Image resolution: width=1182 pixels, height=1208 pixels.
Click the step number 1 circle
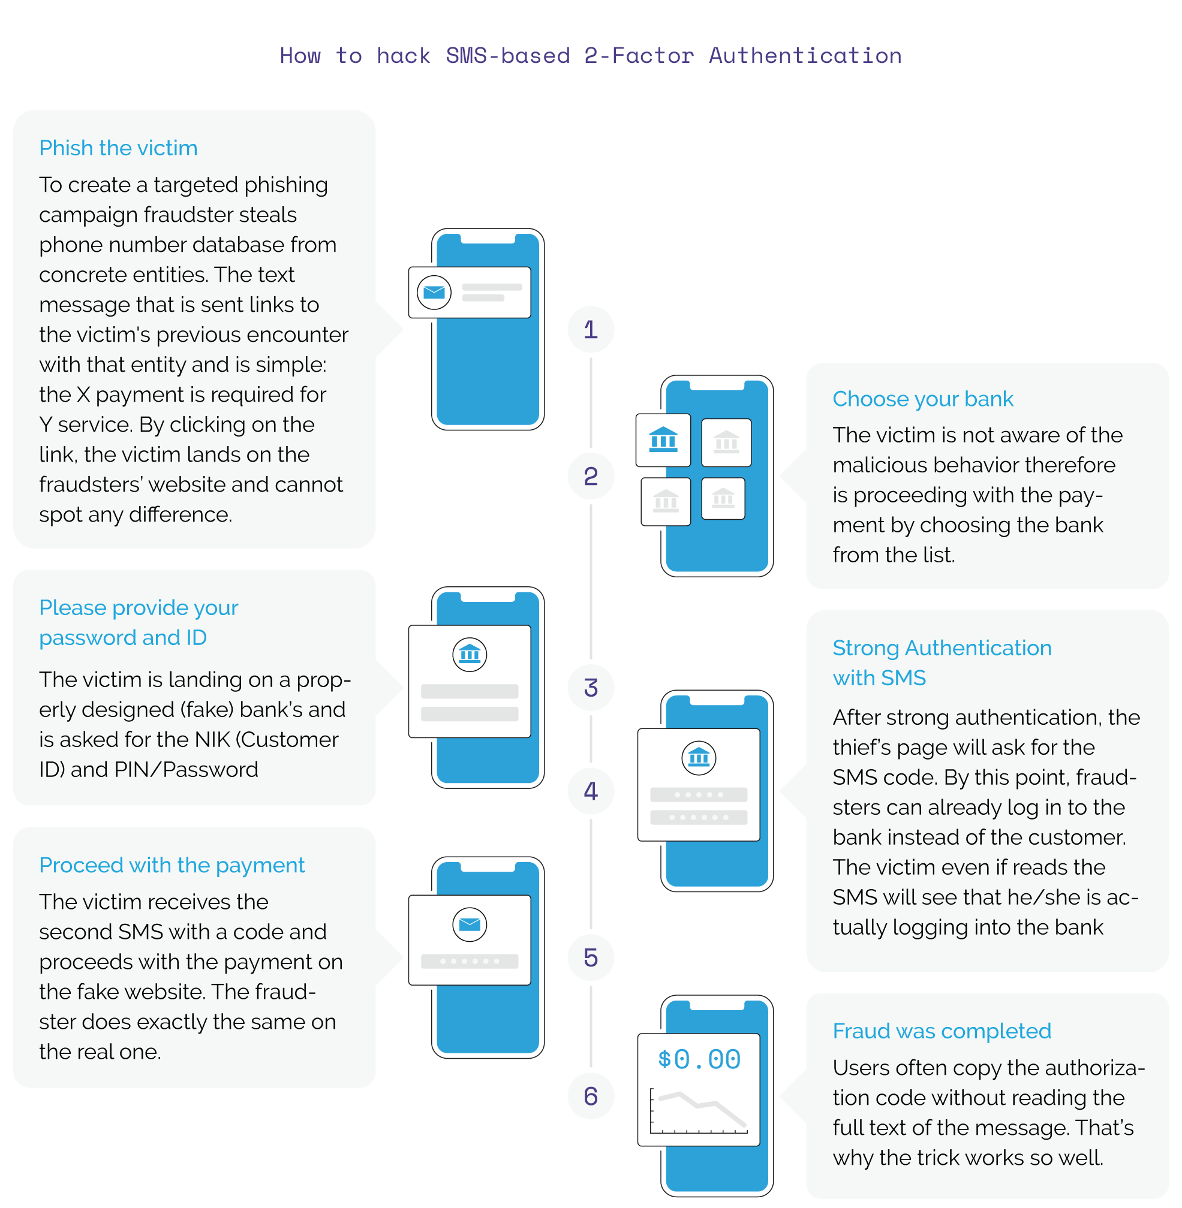coord(590,330)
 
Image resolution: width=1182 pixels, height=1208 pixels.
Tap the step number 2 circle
coord(590,476)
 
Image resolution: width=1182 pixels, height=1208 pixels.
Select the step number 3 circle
coord(590,688)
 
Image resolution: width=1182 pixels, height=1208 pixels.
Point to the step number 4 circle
coord(590,790)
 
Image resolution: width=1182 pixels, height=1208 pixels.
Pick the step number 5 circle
coord(590,957)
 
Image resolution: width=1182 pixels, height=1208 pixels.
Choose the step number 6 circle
coord(590,1096)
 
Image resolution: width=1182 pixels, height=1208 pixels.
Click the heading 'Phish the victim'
coord(118,148)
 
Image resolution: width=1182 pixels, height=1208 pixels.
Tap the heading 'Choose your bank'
coord(922,399)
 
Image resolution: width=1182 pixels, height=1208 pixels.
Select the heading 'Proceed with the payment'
coord(172,865)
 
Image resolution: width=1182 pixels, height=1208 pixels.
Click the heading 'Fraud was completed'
coord(941,1031)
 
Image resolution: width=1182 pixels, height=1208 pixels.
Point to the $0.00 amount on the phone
coord(699,1059)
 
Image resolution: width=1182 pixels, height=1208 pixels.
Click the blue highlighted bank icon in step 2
coord(663,440)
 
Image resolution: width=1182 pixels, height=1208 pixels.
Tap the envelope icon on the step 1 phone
coord(434,292)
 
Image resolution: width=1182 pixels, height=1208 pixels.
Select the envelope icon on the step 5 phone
coord(470,924)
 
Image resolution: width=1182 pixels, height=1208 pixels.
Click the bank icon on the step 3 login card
coord(470,654)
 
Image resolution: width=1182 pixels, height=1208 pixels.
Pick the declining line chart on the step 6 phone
coord(699,1111)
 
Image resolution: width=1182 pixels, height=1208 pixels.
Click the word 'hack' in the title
coord(403,56)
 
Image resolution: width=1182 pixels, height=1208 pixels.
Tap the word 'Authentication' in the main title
coord(805,56)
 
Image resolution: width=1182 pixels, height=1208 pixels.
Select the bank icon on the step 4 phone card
coord(699,758)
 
